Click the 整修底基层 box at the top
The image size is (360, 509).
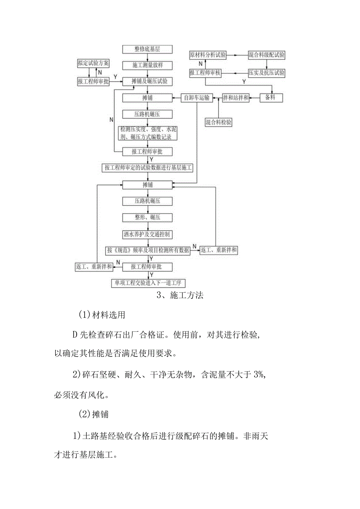coord(147,49)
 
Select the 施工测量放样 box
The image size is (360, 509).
coord(147,65)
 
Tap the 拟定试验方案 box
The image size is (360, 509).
coord(93,63)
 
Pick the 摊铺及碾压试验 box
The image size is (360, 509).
coord(147,81)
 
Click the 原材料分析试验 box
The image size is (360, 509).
coord(208,55)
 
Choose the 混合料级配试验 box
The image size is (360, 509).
coord(266,55)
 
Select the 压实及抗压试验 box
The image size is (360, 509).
coord(266,73)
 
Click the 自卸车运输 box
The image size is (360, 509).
coord(197,98)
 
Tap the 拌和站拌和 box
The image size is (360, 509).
coord(236,98)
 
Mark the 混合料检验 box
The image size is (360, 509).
coord(219,122)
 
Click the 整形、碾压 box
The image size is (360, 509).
coord(147,218)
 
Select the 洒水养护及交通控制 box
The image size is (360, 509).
coord(147,234)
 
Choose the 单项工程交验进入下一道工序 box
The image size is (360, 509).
coord(148,283)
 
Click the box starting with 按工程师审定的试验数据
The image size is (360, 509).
coord(148,168)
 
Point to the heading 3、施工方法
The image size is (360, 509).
coord(180,296)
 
